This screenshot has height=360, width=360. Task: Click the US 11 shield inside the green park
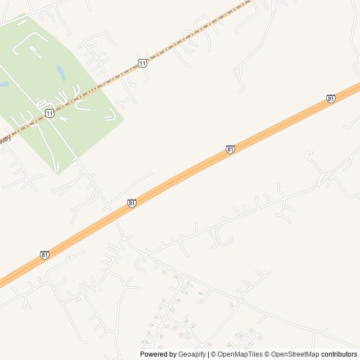(50, 114)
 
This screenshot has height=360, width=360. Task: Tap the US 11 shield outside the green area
(142, 63)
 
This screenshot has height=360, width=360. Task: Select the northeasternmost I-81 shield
(331, 98)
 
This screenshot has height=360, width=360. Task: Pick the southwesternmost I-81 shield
(44, 255)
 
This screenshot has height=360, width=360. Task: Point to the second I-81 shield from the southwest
(132, 203)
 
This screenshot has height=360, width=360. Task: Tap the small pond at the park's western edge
(3, 84)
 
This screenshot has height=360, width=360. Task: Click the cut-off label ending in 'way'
(5, 138)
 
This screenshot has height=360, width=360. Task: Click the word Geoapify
(192, 354)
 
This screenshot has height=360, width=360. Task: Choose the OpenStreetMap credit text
(295, 354)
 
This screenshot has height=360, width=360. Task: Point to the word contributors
(339, 354)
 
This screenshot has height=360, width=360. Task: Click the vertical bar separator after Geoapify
(208, 354)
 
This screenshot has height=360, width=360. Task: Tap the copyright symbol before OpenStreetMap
(268, 354)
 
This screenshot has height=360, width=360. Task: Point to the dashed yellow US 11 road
(186, 39)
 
